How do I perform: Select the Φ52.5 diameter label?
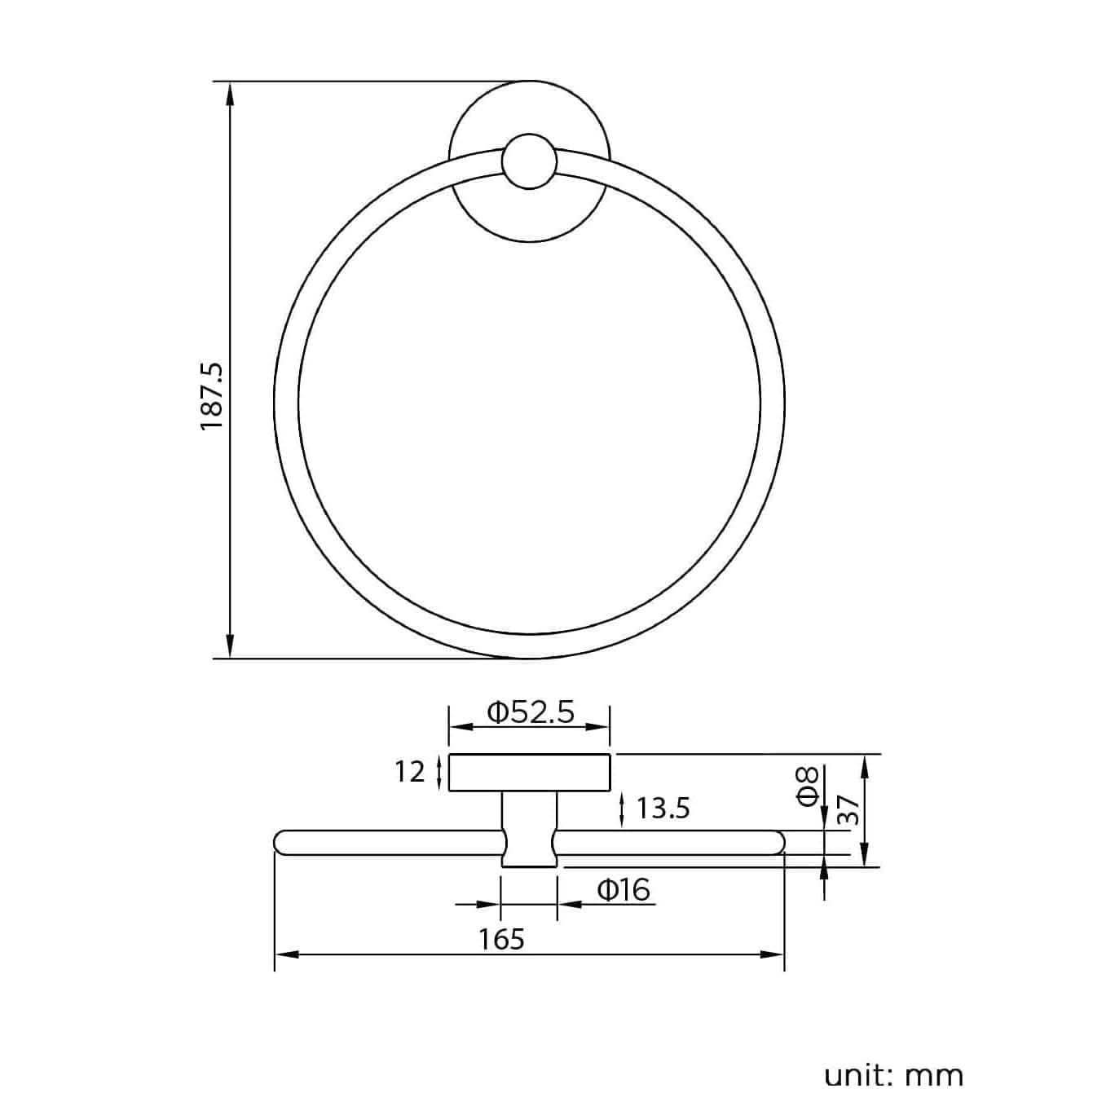click(x=531, y=712)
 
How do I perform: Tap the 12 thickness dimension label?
click(x=411, y=771)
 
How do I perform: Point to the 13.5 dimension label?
click(x=663, y=808)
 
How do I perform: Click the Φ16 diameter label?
click(x=624, y=889)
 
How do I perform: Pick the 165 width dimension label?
click(x=501, y=939)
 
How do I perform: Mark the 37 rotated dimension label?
click(x=848, y=812)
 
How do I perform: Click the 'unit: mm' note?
click(x=893, y=1075)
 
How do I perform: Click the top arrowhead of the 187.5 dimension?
click(x=231, y=91)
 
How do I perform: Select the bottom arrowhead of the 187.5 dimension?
click(x=231, y=648)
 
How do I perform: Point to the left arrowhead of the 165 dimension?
click(x=285, y=954)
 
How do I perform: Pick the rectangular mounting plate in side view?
click(x=530, y=773)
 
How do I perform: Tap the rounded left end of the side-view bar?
click(x=281, y=842)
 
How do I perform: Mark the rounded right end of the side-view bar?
click(x=778, y=842)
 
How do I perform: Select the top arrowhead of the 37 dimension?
click(x=866, y=763)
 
